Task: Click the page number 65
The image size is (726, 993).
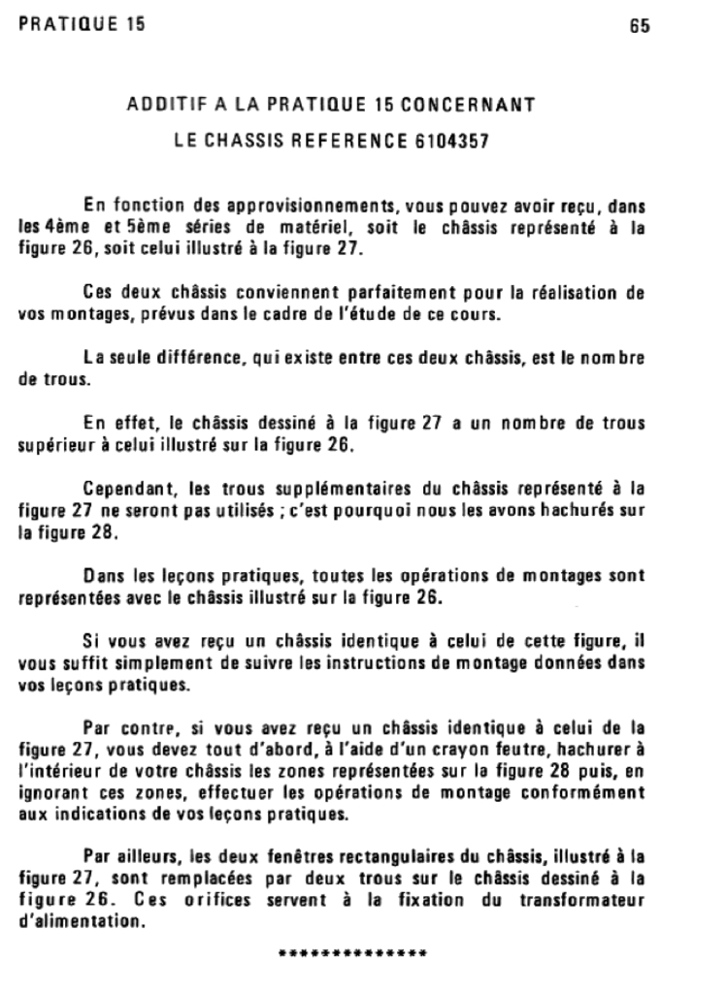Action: click(639, 27)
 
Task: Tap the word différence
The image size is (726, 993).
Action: click(206, 360)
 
